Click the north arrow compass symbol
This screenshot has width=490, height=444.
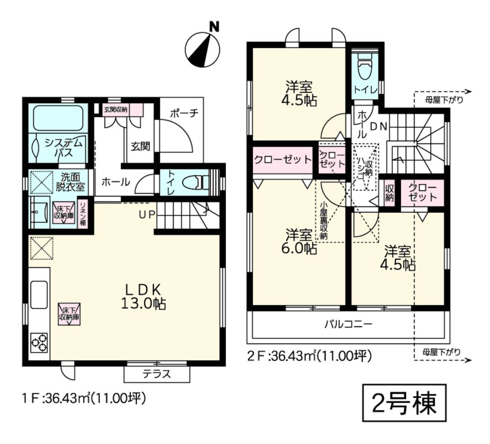202,49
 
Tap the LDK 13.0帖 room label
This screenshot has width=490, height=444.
143,297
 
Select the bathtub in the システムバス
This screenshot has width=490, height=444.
58,119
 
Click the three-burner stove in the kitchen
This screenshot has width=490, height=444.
39,343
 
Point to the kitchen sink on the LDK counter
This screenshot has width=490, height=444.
39,294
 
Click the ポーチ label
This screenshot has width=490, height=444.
184,113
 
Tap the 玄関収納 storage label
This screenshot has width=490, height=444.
116,110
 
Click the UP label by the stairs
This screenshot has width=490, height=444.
147,214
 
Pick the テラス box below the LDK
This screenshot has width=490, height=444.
157,374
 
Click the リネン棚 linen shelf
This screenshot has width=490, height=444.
83,214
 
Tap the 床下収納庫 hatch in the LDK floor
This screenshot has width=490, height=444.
69,314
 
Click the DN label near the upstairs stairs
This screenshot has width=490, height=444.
379,126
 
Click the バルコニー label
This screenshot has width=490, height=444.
348,324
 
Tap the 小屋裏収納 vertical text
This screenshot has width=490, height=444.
324,220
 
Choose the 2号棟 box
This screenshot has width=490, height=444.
404,403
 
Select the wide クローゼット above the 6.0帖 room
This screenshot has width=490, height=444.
283,160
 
